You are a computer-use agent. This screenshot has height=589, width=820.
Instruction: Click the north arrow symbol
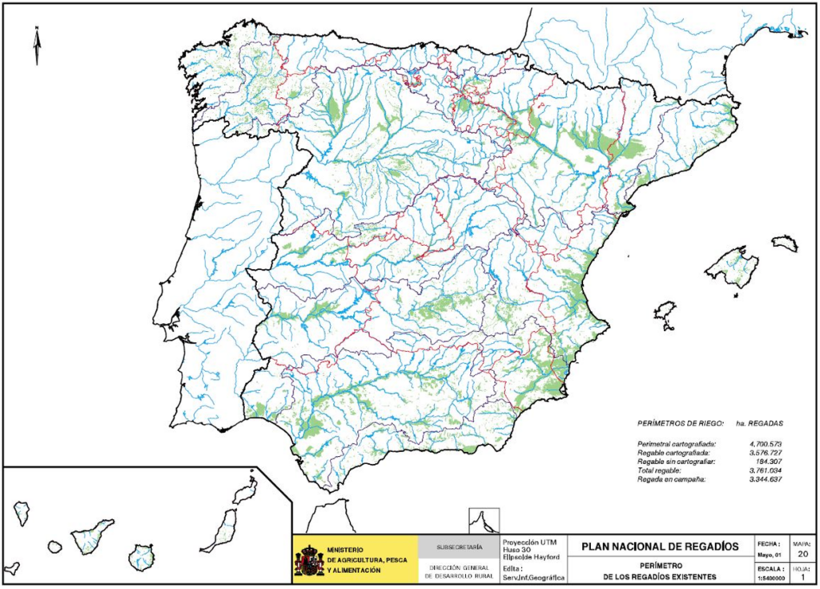(37, 45)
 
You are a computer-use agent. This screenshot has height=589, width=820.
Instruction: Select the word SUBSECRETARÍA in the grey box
(459, 547)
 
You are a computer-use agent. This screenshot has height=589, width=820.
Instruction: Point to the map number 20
(802, 553)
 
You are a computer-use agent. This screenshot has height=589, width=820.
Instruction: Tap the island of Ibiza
(664, 313)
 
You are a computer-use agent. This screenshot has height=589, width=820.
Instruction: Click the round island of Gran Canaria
(141, 557)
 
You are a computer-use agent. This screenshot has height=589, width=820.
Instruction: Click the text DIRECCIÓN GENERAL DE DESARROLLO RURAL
(459, 571)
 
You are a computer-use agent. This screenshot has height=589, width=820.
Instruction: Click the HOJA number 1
(802, 575)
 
